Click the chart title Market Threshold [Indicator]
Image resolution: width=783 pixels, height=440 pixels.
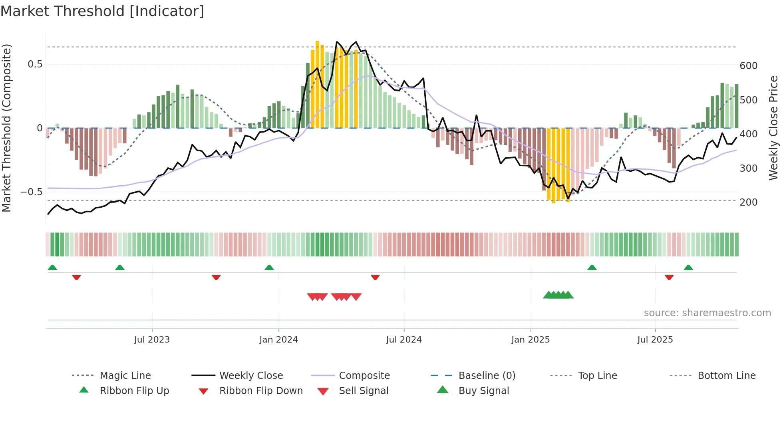[102, 11]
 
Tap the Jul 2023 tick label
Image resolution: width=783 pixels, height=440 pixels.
[152, 340]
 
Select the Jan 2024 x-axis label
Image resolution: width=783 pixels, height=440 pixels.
[278, 340]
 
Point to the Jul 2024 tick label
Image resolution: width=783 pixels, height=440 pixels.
[404, 340]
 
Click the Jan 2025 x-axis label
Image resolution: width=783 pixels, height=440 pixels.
[531, 340]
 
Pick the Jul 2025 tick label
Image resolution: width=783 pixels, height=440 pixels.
[655, 340]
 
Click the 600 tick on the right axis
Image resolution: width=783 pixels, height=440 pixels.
[749, 65]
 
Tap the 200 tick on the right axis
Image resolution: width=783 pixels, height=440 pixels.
[749, 202]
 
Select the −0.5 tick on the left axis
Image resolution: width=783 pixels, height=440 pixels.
[31, 192]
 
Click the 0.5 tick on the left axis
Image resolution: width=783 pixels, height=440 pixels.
[35, 64]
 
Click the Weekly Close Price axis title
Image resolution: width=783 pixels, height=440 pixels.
[773, 128]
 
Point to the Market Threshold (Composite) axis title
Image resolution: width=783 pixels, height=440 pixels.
[6, 128]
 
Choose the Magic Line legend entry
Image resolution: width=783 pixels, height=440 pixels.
[125, 376]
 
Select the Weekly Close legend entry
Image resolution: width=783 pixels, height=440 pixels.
[251, 376]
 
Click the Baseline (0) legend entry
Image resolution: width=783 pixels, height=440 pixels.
[487, 376]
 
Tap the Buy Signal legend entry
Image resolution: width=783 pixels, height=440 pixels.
[483, 391]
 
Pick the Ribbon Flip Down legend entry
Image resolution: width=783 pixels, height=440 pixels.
[261, 391]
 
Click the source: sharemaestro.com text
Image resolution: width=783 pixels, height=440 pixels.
[707, 313]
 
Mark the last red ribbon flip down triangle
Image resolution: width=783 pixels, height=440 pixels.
[669, 277]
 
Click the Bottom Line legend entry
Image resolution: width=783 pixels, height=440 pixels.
[726, 376]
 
